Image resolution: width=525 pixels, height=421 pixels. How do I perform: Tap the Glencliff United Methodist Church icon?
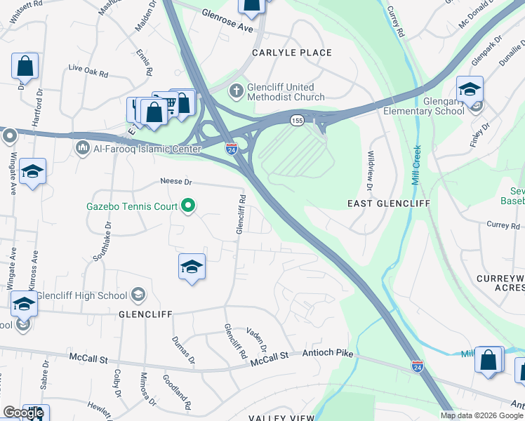237,91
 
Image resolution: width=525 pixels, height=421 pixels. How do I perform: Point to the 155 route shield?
298,120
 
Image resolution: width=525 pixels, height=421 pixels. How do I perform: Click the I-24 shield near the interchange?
231,149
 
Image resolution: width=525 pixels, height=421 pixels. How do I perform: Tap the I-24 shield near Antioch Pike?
417,366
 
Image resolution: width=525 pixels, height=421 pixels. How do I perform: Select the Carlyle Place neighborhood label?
293,53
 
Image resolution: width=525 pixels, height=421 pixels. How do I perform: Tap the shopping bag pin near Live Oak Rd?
25,67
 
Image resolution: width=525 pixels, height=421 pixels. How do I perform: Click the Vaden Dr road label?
257,339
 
